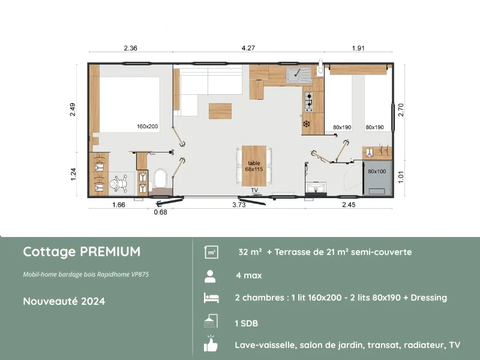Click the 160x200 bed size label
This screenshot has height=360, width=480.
point(147,127)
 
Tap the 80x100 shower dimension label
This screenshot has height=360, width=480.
point(377,172)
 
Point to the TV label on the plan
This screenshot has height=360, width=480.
point(254,190)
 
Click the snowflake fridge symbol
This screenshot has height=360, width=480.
point(306,124)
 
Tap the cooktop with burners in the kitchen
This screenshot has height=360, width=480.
point(308,102)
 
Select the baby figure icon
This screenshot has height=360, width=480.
point(118,182)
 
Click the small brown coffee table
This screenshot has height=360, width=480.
point(220,112)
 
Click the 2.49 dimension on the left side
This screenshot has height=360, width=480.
point(73,110)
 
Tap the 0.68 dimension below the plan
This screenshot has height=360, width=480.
point(160,211)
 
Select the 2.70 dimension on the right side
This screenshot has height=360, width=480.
point(401,109)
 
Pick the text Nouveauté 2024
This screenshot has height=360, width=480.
point(64,301)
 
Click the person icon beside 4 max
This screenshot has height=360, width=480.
point(211,276)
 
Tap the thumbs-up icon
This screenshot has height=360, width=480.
point(211,345)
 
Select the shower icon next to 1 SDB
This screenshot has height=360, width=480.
point(211,322)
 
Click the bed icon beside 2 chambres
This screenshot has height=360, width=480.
point(211,298)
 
